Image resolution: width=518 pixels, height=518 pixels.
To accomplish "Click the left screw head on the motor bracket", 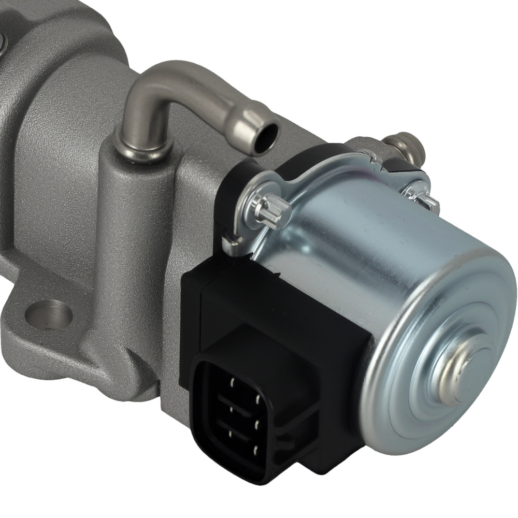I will [270, 210].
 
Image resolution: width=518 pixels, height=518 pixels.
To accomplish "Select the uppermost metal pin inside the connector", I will [234, 382].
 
